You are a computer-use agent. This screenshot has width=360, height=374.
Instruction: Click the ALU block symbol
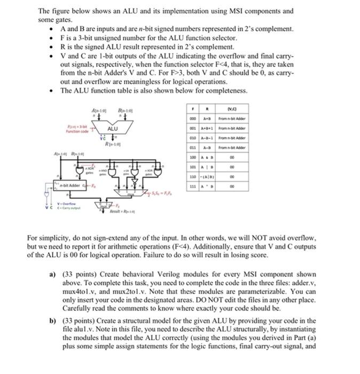113,129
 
